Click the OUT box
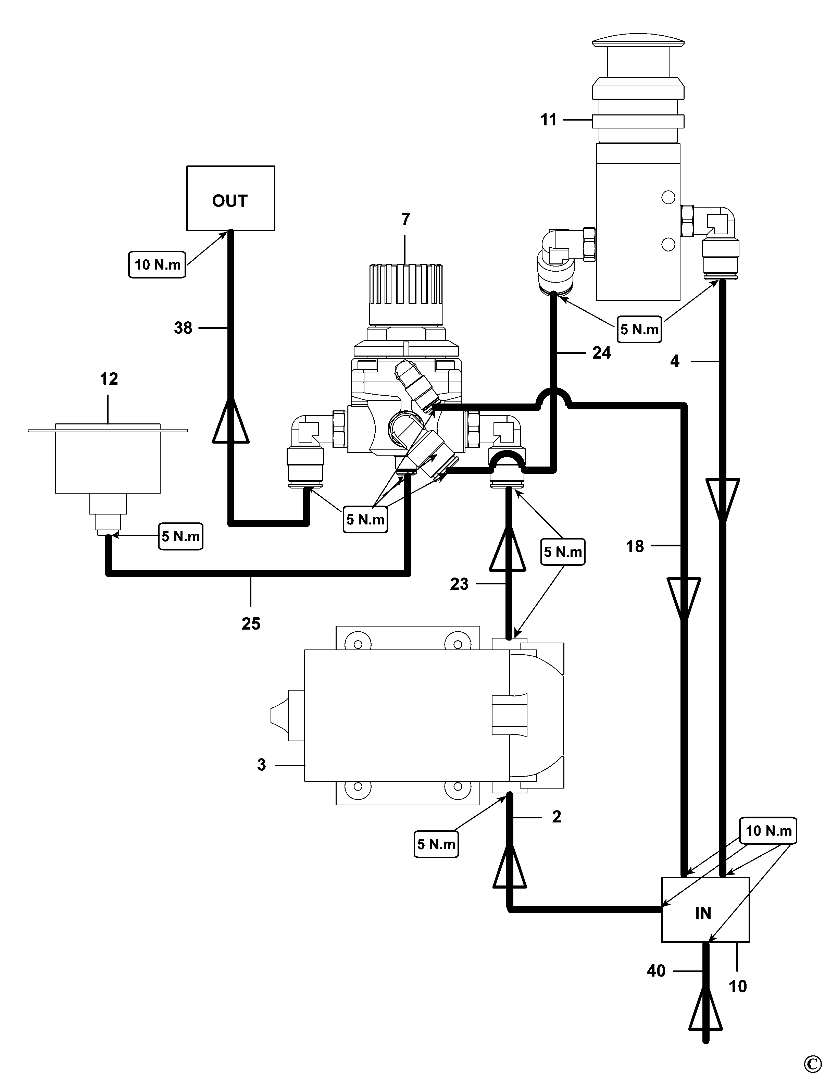click(230, 198)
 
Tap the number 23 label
click(459, 584)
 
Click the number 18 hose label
click(635, 546)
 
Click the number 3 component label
click(261, 765)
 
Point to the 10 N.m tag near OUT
click(157, 265)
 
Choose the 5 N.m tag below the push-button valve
click(639, 329)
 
